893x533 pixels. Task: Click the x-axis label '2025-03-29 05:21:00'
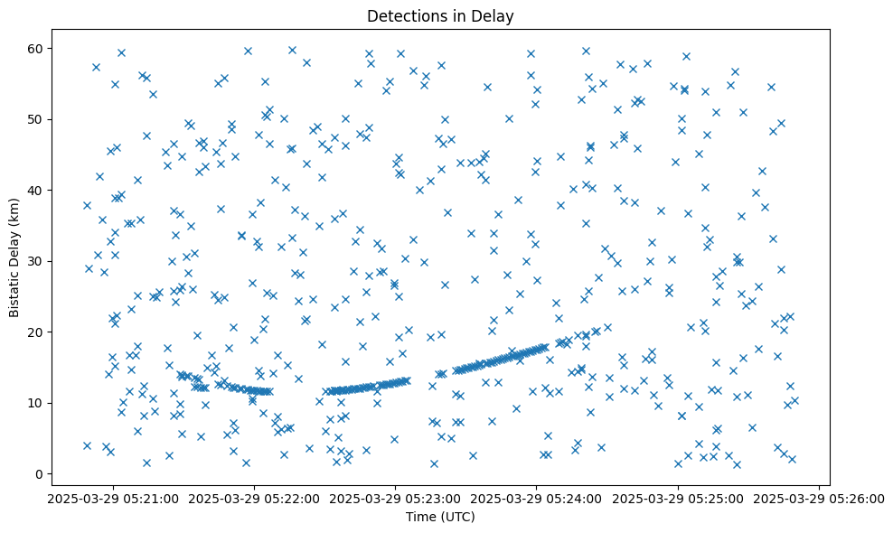[113, 499]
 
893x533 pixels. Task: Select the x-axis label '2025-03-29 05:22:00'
[254, 499]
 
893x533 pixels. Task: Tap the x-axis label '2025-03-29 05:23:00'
[395, 499]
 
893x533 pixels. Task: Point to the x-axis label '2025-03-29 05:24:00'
[537, 499]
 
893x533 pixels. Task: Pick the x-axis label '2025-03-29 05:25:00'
[678, 499]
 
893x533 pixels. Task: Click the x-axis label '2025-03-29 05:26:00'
[818, 499]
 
